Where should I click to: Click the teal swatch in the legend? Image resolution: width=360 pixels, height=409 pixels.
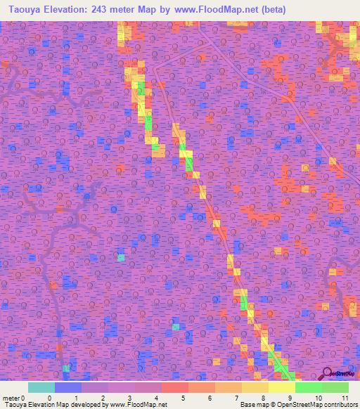pos(41,387)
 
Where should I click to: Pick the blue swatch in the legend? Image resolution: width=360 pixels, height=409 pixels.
pos(68,387)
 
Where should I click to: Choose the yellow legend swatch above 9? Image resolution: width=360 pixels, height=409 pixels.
pos(282,387)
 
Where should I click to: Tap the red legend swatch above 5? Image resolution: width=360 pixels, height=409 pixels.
pos(175,387)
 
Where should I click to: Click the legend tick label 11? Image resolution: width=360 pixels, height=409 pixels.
pos(345,398)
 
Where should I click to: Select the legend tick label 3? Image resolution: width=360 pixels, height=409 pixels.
pos(130,398)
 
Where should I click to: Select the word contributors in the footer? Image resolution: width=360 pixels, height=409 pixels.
pos(341,405)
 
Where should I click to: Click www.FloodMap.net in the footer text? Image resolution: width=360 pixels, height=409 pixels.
pos(139,405)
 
